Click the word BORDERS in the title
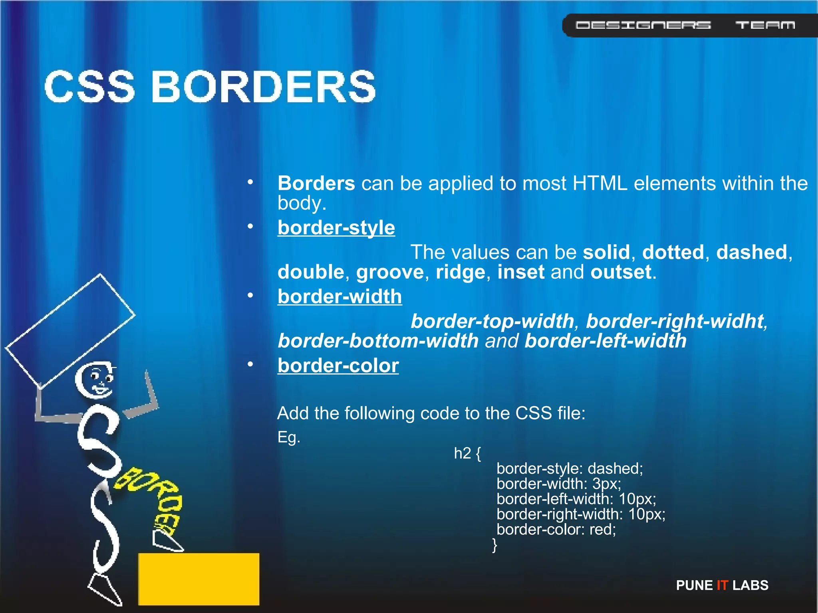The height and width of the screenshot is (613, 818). click(264, 87)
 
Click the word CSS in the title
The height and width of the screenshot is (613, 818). click(90, 87)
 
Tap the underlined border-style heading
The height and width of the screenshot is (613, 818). click(336, 228)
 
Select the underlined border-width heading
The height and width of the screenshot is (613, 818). click(340, 297)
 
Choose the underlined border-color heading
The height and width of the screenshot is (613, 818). click(338, 366)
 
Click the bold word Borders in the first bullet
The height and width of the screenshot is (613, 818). click(316, 184)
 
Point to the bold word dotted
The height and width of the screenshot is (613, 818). click(673, 252)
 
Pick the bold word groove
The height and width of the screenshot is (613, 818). click(390, 272)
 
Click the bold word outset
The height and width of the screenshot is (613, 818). click(621, 272)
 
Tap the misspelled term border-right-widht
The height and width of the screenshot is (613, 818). click(675, 321)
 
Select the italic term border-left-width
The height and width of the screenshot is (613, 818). click(606, 341)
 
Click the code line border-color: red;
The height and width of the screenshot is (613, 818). click(556, 530)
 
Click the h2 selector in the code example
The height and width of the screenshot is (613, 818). click(463, 453)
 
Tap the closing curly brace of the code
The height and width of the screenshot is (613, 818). click(494, 545)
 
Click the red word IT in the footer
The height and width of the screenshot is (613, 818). click(722, 585)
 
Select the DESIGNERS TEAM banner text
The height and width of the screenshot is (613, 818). click(685, 26)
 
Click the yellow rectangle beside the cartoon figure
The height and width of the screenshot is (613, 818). click(199, 579)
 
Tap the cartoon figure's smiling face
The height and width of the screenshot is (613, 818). click(96, 380)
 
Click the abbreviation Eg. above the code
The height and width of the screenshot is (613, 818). click(288, 437)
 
